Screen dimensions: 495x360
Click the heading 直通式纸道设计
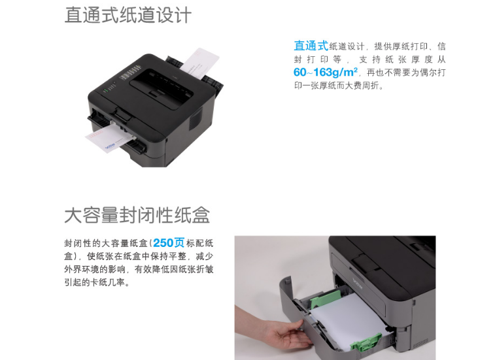click(128, 15)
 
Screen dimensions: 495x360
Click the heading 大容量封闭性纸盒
click(137, 215)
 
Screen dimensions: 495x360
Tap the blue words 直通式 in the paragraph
click(311, 46)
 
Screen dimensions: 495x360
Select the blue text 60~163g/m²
click(326, 73)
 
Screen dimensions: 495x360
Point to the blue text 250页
click(169, 242)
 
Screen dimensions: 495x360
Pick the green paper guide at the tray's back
click(326, 299)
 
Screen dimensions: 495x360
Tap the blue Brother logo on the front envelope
click(110, 146)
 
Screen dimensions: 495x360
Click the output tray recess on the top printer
click(162, 88)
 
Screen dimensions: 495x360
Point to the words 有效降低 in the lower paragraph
click(152, 269)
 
